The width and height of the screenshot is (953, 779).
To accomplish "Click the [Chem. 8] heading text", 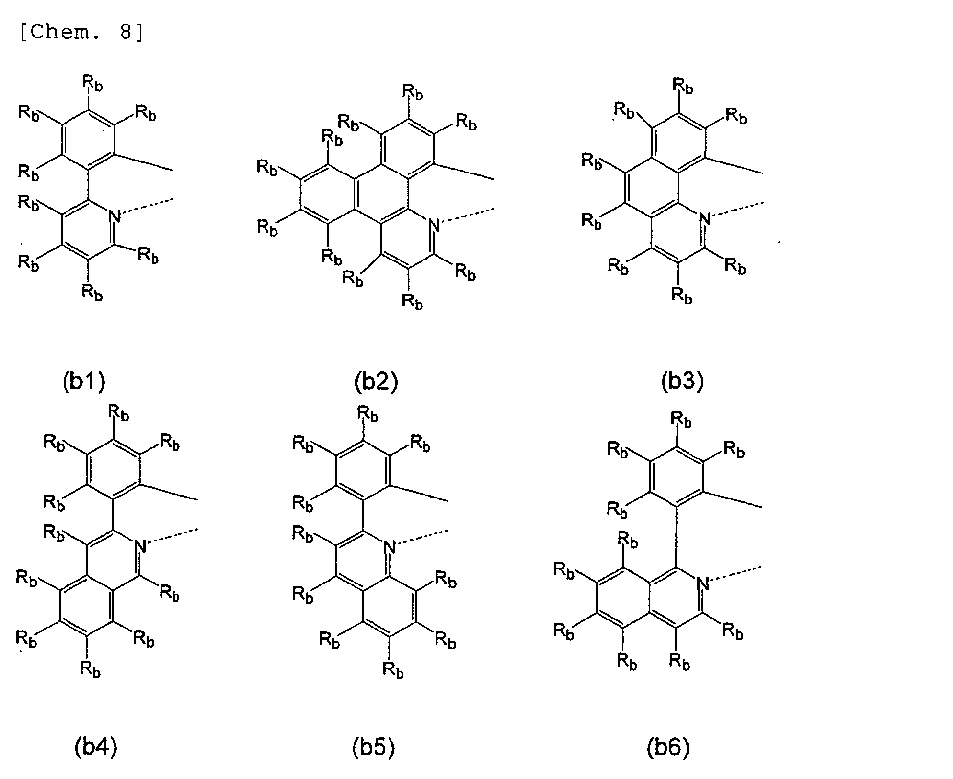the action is [x=82, y=33].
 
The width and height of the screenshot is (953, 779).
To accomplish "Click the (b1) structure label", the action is [x=84, y=382].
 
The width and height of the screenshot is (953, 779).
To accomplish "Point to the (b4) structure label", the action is [x=96, y=748].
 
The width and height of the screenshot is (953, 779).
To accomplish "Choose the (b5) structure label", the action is [x=373, y=748].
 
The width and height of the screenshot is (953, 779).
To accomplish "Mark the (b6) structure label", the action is [x=668, y=748].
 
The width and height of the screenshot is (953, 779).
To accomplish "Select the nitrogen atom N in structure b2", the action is [x=433, y=225].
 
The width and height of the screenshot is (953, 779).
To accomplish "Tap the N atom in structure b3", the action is [x=705, y=218].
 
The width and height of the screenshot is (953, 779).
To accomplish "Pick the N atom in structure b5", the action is [x=390, y=547].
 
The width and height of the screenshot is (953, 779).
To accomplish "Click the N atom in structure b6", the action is [x=703, y=584].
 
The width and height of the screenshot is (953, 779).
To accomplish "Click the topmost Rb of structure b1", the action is [x=92, y=84].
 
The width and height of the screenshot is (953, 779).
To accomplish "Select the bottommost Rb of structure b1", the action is [x=92, y=292].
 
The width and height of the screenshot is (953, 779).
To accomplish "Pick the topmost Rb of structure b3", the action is [x=683, y=86].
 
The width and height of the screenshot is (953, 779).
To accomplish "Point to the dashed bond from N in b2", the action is [x=467, y=216].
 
